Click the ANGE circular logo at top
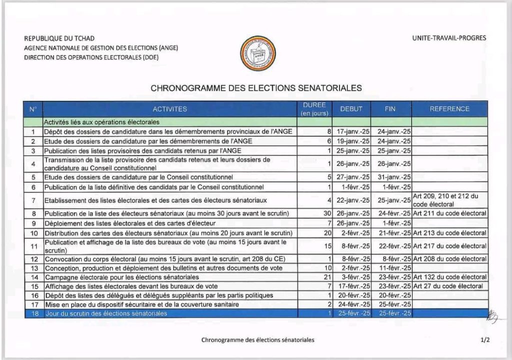pyautogui.click(x=258, y=53)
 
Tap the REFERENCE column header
pyautogui.click(x=449, y=109)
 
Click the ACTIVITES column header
pyautogui.click(x=170, y=109)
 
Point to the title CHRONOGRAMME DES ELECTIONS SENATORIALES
pyautogui.click(x=256, y=88)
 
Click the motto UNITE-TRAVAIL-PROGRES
pyautogui.click(x=449, y=38)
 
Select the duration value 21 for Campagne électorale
pyautogui.click(x=326, y=277)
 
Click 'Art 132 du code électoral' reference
pyautogui.click(x=449, y=277)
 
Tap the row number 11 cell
pyautogui.click(x=33, y=246)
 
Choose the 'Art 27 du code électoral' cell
pyautogui.click(x=448, y=286)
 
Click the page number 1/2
pyautogui.click(x=484, y=339)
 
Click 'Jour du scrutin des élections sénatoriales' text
pyautogui.click(x=106, y=313)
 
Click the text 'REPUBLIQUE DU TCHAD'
pyautogui.click(x=59, y=38)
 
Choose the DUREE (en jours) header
pyautogui.click(x=315, y=109)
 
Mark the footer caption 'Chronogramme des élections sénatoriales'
pyautogui.click(x=257, y=339)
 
